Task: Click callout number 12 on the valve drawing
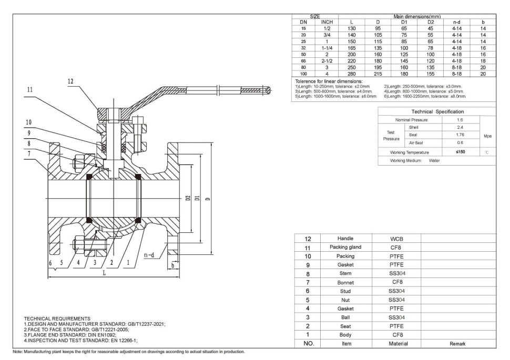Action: (x=70, y=81)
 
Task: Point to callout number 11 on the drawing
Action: (x=29, y=90)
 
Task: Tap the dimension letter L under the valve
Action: (x=104, y=273)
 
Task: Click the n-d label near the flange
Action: (x=149, y=255)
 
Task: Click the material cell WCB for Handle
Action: (x=396, y=239)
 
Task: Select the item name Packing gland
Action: (x=345, y=247)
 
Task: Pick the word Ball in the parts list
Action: (x=345, y=317)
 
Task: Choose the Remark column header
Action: (x=457, y=343)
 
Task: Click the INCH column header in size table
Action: (x=327, y=22)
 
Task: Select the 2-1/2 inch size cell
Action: (x=327, y=61)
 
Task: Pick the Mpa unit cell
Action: (x=487, y=135)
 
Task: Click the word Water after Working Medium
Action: (x=434, y=161)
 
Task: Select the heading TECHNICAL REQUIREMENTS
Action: (x=57, y=318)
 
